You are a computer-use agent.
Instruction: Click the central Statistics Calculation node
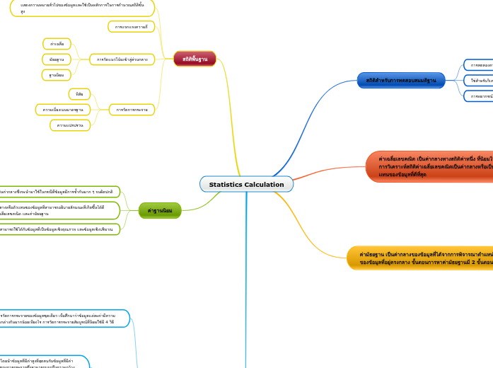coord(246,184)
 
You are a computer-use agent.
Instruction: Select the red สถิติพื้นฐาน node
coord(195,59)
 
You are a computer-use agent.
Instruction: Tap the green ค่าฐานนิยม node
coord(160,210)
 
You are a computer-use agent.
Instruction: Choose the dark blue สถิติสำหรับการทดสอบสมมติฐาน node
coord(401,80)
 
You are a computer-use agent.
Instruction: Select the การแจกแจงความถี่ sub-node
coord(131,26)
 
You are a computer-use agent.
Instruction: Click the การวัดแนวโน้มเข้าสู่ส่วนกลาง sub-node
coord(122,59)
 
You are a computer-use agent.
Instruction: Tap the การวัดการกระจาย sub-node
coord(132,110)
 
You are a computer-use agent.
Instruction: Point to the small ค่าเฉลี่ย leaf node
coord(57,44)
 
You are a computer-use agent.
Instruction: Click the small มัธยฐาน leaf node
coord(57,59)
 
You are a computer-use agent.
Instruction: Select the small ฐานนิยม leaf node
coord(57,74)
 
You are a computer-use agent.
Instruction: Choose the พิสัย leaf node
coord(79,94)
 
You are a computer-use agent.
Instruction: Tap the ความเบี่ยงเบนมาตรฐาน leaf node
coord(62,110)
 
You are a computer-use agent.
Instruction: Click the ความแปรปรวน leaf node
coord(70,125)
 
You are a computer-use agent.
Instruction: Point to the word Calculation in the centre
coord(265,184)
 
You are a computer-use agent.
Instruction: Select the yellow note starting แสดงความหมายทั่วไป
coord(81,8)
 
